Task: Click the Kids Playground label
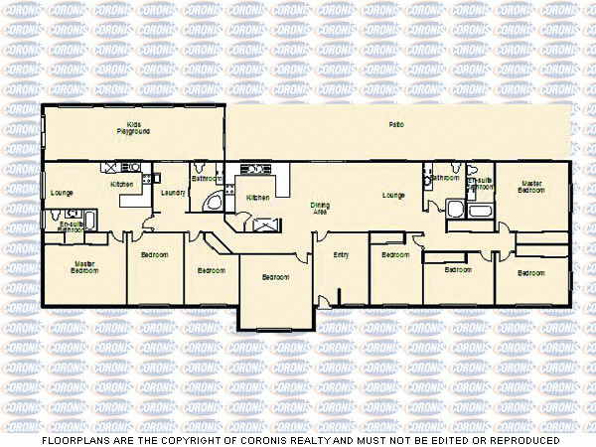click(x=132, y=127)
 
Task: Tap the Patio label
click(x=395, y=124)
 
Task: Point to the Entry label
click(x=341, y=255)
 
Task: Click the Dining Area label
click(x=320, y=208)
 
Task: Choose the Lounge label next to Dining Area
click(x=393, y=196)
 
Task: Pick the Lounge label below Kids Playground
click(x=62, y=192)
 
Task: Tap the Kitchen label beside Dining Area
click(x=258, y=198)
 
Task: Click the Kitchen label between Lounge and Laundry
click(x=121, y=184)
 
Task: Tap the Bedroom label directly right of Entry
click(x=395, y=255)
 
